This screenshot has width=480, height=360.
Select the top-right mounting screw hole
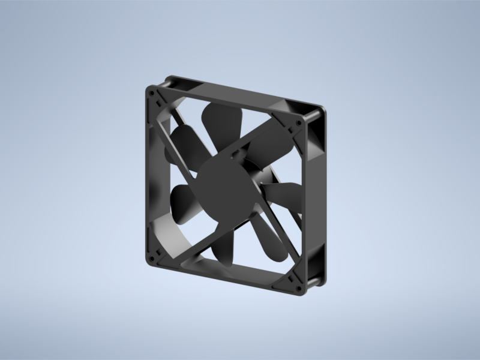click(299, 123)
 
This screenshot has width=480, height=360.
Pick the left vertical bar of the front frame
click(150, 174)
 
